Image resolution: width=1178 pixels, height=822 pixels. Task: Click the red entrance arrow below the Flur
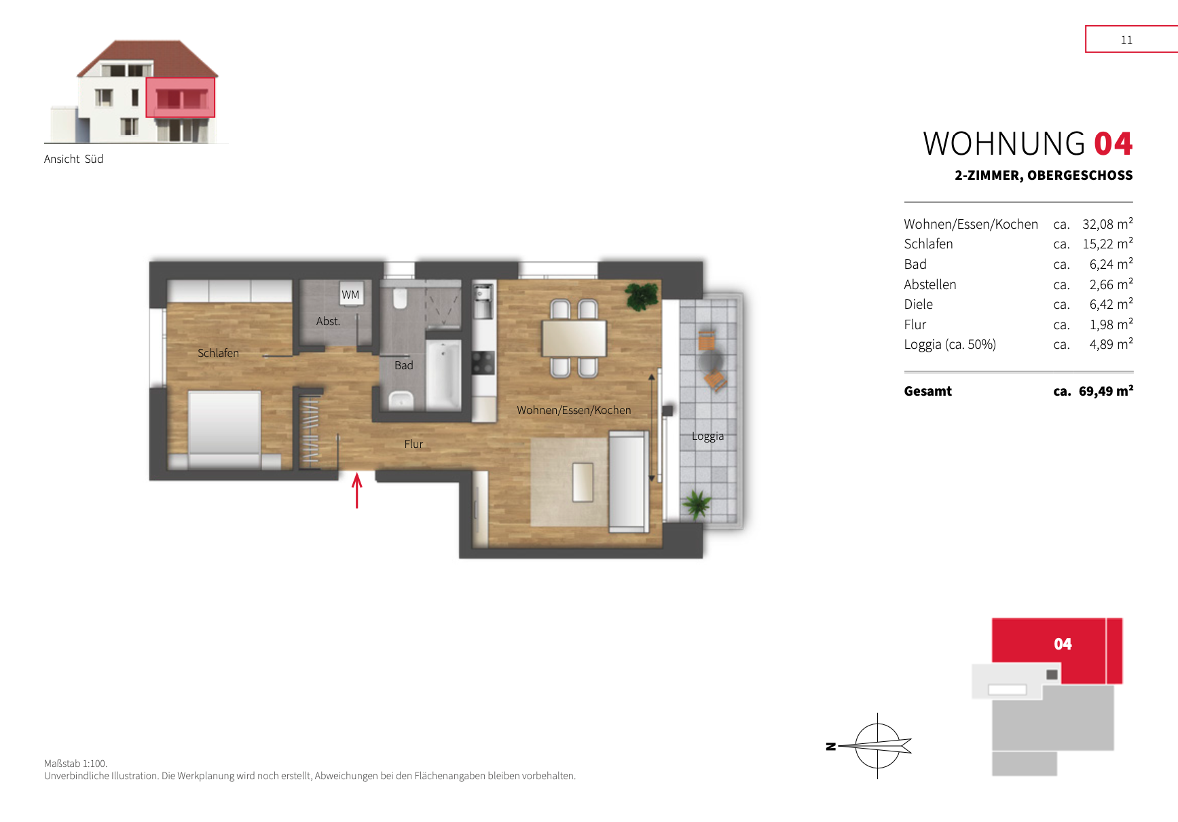pos(357,490)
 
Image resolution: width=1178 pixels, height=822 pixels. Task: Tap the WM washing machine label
pos(350,295)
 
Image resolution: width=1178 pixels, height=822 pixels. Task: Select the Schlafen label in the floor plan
pos(218,353)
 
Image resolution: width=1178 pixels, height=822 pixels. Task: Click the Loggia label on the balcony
pos(707,436)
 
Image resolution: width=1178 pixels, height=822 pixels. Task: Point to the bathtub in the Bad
pos(443,375)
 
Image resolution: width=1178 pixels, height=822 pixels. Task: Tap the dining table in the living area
pos(574,338)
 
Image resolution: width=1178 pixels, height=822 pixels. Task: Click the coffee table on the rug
pos(583,482)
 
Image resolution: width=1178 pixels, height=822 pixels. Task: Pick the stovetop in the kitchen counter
pos(483,362)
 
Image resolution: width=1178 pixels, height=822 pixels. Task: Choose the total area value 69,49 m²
pos(1106,391)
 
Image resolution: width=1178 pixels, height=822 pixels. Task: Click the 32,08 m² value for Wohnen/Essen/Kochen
pos(1107,224)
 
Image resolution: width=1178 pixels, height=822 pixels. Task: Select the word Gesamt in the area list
pos(927,391)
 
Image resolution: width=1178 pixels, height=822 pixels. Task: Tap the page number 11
pos(1126,40)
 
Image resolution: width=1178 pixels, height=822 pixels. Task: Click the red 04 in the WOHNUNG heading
pos(1113,144)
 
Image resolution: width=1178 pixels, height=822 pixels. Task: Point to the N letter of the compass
pos(830,747)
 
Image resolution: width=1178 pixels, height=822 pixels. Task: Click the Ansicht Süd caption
pos(73,159)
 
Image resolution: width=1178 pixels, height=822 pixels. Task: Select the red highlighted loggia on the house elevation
pos(181,97)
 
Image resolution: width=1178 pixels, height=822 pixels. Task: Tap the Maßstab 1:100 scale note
pos(75,764)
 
